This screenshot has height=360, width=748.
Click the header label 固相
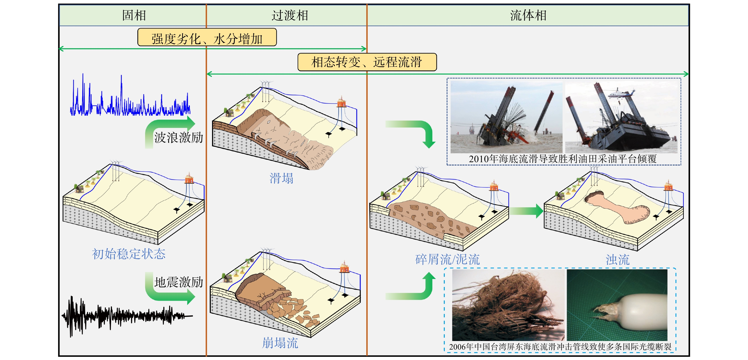point(134,15)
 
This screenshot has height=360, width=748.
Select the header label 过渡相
point(290,15)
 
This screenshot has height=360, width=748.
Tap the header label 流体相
point(528,15)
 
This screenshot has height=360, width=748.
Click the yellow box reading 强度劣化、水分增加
point(207,37)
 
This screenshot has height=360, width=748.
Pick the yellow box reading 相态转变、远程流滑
point(367,62)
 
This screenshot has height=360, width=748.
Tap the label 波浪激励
point(179,137)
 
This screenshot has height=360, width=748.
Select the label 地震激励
point(179,282)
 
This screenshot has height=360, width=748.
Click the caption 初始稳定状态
point(129,254)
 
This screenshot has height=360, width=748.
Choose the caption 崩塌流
point(280,343)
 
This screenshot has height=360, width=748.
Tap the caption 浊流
point(618,259)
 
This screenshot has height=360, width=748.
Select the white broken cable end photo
point(617,305)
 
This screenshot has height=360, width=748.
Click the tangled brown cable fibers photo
point(508,305)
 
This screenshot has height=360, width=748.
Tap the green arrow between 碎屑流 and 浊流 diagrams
point(526,211)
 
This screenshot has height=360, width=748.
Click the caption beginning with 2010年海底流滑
point(563,159)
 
